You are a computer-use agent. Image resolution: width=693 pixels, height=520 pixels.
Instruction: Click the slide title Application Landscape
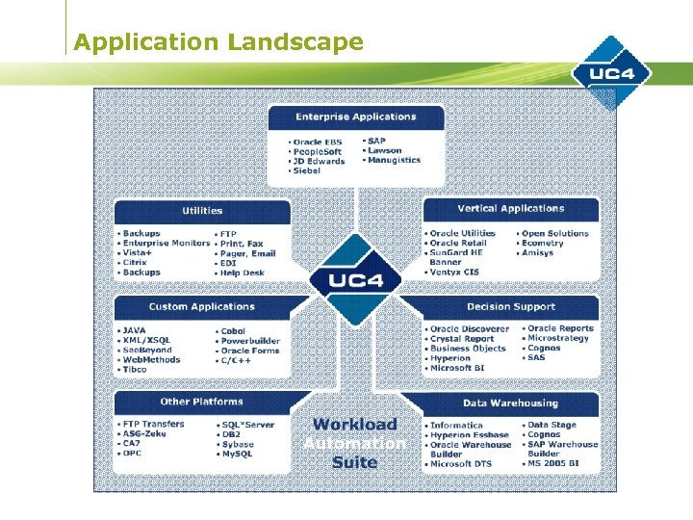[218, 42]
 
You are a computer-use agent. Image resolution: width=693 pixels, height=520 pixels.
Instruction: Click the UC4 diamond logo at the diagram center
[355, 280]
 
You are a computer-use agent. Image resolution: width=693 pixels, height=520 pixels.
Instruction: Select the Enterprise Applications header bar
[356, 117]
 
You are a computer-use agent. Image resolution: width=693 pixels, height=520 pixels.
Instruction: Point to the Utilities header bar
[202, 210]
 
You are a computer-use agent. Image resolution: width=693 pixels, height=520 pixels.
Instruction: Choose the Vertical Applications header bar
[510, 208]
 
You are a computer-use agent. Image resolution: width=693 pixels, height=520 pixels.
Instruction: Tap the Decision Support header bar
[510, 306]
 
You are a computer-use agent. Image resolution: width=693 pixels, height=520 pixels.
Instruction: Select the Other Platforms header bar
[202, 402]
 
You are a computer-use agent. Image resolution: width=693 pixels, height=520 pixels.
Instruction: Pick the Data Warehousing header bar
[510, 403]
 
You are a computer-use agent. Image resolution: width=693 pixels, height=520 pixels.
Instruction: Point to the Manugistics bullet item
[394, 160]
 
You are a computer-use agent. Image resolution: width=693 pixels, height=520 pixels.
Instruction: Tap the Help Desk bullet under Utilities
[242, 273]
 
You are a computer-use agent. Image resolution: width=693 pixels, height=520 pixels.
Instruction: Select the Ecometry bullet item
[543, 243]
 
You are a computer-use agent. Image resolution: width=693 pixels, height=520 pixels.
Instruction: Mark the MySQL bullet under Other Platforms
[241, 455]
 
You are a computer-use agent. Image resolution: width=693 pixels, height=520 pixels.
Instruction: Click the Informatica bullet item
[456, 425]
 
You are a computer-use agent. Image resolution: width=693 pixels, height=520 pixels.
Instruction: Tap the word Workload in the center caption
[355, 424]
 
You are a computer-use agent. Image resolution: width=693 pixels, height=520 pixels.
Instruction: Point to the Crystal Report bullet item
[462, 339]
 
